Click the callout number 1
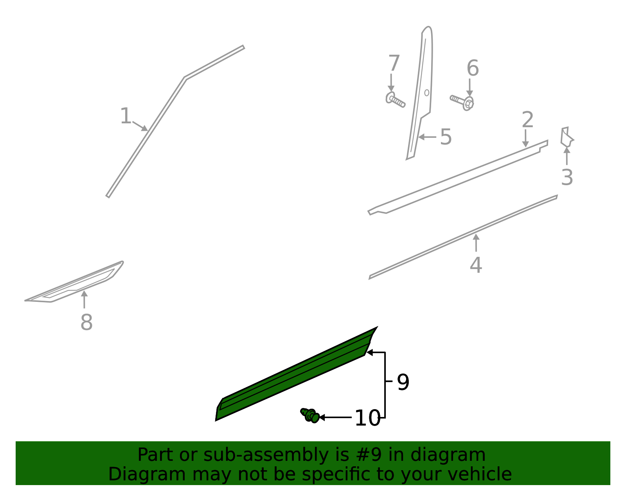[x=126, y=116]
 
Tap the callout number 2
[x=527, y=120]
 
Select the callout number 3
[x=567, y=177]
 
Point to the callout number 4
[x=476, y=265]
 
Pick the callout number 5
[x=446, y=137]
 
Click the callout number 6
[x=473, y=69]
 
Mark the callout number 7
[x=394, y=63]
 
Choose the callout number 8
[x=86, y=323]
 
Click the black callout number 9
[x=403, y=382]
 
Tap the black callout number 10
[x=367, y=418]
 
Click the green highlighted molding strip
[x=293, y=376]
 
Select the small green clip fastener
[x=310, y=415]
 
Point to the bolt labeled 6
[x=463, y=102]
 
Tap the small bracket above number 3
[x=566, y=137]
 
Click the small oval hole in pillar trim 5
[x=426, y=93]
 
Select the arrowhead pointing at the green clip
[x=322, y=418]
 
